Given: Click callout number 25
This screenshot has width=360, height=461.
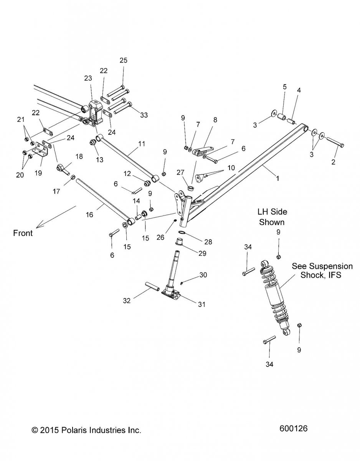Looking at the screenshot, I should click(x=123, y=60).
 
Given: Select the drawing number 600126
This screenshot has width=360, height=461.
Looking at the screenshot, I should click(x=294, y=439).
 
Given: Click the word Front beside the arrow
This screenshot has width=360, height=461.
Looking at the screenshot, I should click(x=23, y=233).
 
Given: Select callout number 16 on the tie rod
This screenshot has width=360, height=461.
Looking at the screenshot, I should click(x=89, y=215).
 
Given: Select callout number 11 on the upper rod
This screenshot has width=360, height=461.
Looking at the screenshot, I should click(x=142, y=144).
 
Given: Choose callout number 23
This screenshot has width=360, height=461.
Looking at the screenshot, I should click(x=88, y=78).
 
